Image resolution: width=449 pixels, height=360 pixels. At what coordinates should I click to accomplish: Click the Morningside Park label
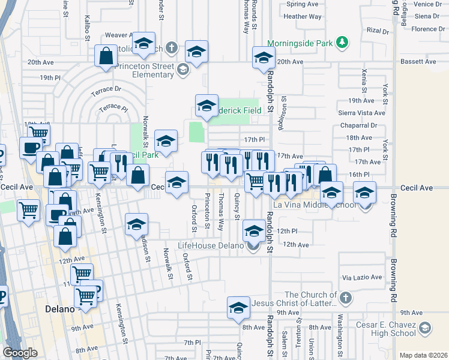tap(300, 43)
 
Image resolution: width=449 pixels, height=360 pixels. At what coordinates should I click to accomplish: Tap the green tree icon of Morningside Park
tap(342, 42)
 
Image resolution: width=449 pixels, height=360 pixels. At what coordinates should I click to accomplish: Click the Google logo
tap(20, 353)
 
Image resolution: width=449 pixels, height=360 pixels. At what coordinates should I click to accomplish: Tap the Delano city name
tap(60, 309)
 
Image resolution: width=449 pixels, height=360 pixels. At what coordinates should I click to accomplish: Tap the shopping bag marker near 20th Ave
tap(106, 56)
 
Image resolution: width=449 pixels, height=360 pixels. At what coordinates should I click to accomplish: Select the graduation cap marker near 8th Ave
tap(238, 307)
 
